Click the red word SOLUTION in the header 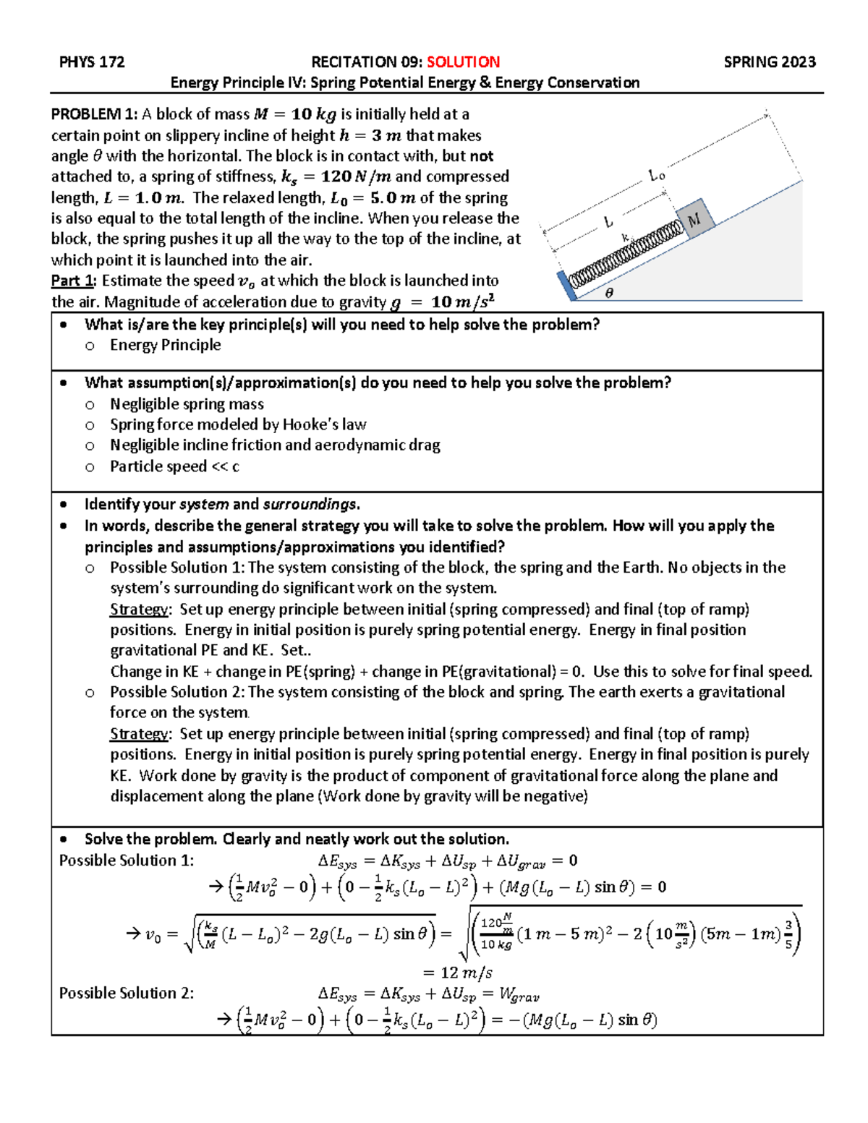(463, 62)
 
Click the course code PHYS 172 (92, 62)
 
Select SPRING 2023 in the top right (770, 62)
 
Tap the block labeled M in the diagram (695, 220)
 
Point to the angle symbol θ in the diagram (608, 293)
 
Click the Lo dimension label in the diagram (657, 176)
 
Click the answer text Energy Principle (165, 345)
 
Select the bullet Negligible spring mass (187, 404)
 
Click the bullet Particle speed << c (174, 466)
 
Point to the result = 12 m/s (457, 973)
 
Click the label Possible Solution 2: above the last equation (127, 993)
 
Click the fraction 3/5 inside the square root (788, 934)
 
